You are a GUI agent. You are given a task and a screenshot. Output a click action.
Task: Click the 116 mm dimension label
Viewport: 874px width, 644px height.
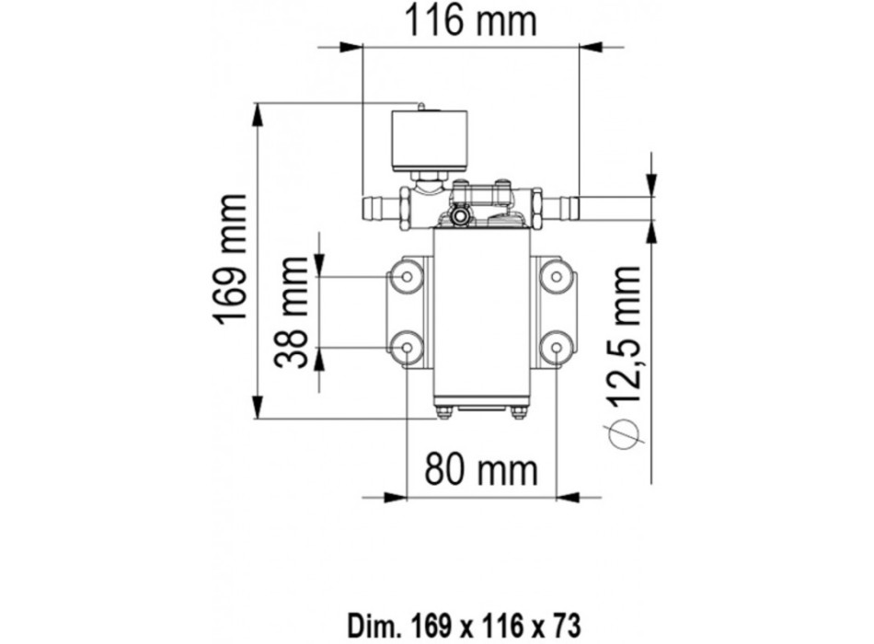coord(471,21)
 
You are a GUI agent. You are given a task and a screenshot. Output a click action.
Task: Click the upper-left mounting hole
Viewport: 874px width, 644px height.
coord(406,274)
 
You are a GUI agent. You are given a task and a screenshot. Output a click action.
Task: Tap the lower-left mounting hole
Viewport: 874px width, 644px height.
coord(406,347)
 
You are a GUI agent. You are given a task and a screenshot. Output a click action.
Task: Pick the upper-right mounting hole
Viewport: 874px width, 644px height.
coord(555,274)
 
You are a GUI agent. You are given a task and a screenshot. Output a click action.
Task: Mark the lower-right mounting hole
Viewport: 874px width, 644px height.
coord(555,347)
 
